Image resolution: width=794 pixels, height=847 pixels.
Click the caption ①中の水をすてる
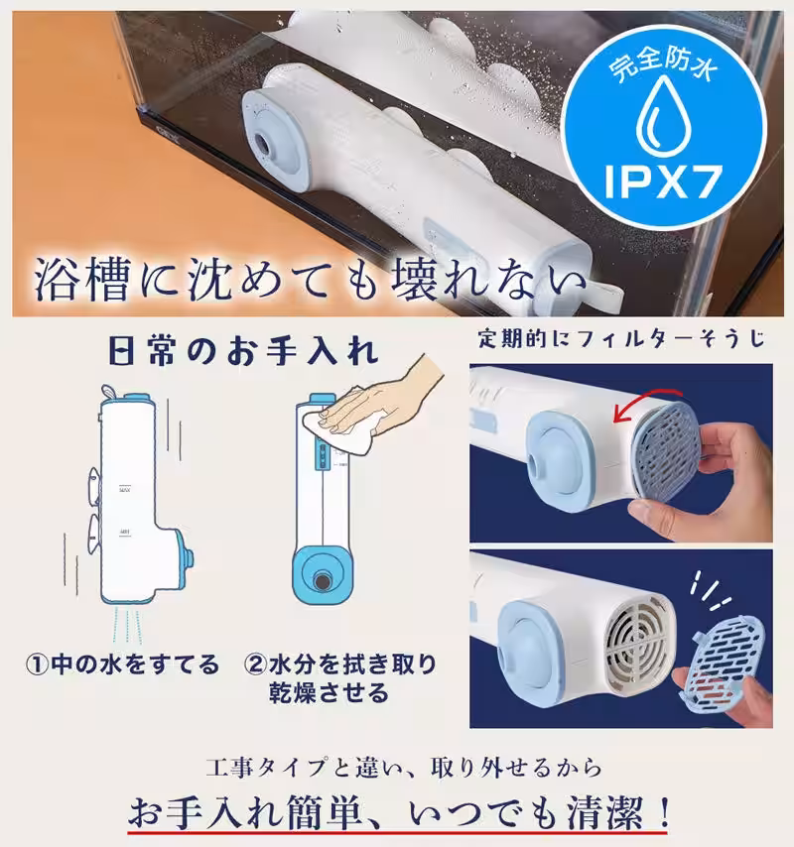tap(121, 664)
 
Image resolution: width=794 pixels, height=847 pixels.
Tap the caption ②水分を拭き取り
tap(340, 664)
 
